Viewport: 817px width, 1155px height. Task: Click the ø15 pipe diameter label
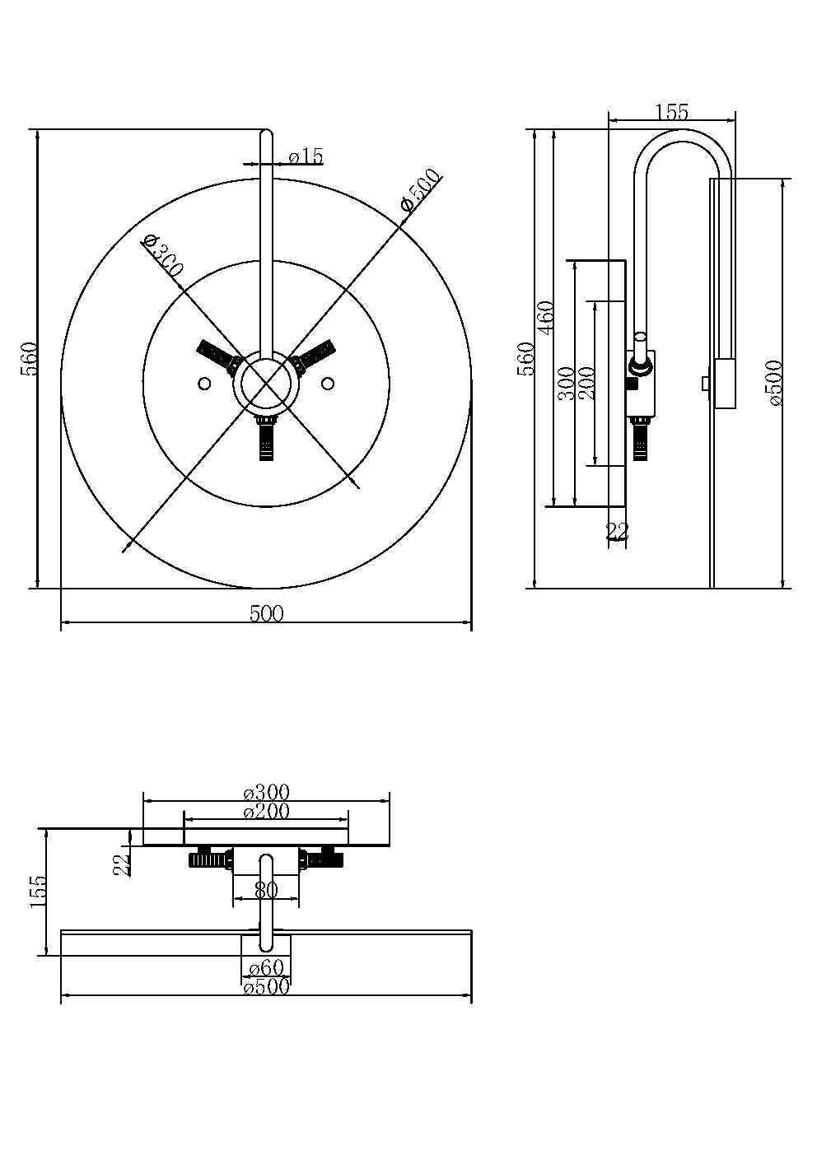[x=306, y=156]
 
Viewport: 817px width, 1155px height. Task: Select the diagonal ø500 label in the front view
[x=419, y=191]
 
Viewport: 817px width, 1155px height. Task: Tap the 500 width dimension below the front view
[x=266, y=613]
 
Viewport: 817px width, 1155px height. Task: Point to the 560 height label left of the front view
[x=30, y=358]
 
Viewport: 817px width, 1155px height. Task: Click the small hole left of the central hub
[x=203, y=384]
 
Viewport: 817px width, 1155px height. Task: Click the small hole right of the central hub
[x=328, y=384]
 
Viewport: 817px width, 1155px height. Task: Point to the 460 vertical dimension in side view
[x=545, y=318]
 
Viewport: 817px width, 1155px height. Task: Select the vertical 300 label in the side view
[x=567, y=384]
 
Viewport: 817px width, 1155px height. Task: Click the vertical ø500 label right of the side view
[x=774, y=383]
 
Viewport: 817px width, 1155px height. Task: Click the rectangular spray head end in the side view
[x=725, y=383]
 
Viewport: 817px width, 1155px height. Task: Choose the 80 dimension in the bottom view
[x=265, y=890]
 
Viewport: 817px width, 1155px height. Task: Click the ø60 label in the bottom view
[x=265, y=968]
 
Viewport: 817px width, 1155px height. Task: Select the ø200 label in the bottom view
[x=266, y=812]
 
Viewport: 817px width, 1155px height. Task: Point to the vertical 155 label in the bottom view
[x=38, y=892]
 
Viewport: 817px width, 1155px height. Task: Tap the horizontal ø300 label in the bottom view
[x=266, y=793]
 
